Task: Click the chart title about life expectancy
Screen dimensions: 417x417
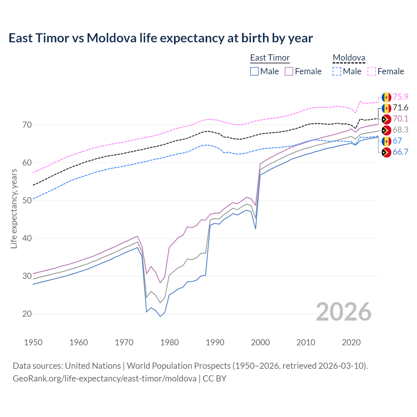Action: pyautogui.click(x=161, y=38)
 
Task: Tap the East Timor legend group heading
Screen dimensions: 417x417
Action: pyautogui.click(x=270, y=58)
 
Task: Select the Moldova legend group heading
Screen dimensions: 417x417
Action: pyautogui.click(x=349, y=58)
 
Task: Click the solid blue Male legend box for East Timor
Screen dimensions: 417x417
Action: pyautogui.click(x=254, y=71)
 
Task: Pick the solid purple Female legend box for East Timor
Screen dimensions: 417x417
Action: pyautogui.click(x=289, y=71)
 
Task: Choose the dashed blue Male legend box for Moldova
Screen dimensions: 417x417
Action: pyautogui.click(x=337, y=71)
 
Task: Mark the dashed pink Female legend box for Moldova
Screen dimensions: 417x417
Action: pyautogui.click(x=372, y=71)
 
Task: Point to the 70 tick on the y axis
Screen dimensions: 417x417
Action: pyautogui.click(x=27, y=125)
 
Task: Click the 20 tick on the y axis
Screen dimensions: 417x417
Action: pyautogui.click(x=27, y=314)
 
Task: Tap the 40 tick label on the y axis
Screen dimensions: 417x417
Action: pyautogui.click(x=27, y=238)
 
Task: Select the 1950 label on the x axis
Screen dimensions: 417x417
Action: pyautogui.click(x=33, y=342)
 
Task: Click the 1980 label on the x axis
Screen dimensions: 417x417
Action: pyautogui.click(x=169, y=342)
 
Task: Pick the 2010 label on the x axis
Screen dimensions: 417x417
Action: pyautogui.click(x=306, y=342)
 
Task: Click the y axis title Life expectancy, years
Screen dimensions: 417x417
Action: pyautogui.click(x=14, y=208)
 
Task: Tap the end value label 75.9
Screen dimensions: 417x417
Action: pyautogui.click(x=400, y=97)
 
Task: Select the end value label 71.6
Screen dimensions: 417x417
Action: pyautogui.click(x=400, y=108)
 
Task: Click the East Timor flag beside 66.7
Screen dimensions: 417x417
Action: pyautogui.click(x=386, y=152)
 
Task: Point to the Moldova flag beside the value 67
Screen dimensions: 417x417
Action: pyautogui.click(x=386, y=141)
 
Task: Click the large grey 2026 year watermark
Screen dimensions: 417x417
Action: pyautogui.click(x=344, y=312)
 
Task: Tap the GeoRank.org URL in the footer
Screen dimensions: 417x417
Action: pyautogui.click(x=105, y=379)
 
